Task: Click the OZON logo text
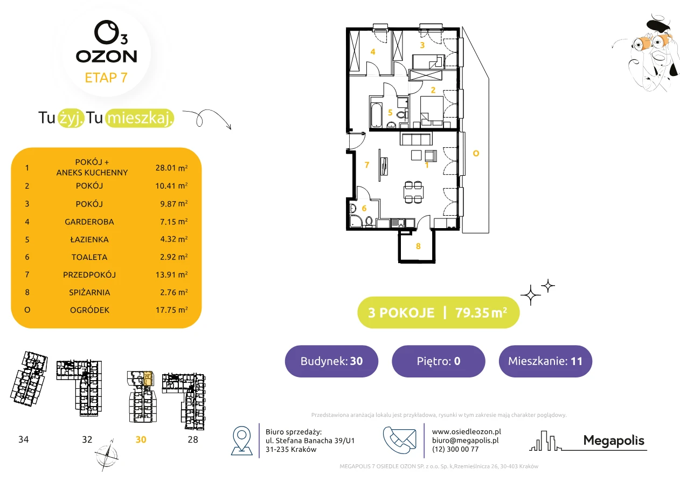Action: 106,57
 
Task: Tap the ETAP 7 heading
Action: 106,78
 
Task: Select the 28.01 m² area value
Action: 171,168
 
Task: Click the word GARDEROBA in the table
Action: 89,222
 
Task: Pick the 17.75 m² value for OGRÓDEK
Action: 171,310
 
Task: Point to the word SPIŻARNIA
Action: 89,292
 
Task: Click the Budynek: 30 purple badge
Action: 331,361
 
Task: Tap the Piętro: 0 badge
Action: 439,361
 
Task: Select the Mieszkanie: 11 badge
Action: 545,361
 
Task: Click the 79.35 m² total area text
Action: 481,313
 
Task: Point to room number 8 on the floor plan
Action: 418,246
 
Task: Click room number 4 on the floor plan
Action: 373,52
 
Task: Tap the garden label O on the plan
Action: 476,154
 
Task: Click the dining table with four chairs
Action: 413,192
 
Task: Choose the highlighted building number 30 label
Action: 141,439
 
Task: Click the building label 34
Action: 24,439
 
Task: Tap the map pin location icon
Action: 241,440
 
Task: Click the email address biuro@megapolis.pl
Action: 465,440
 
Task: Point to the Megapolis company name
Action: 614,441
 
